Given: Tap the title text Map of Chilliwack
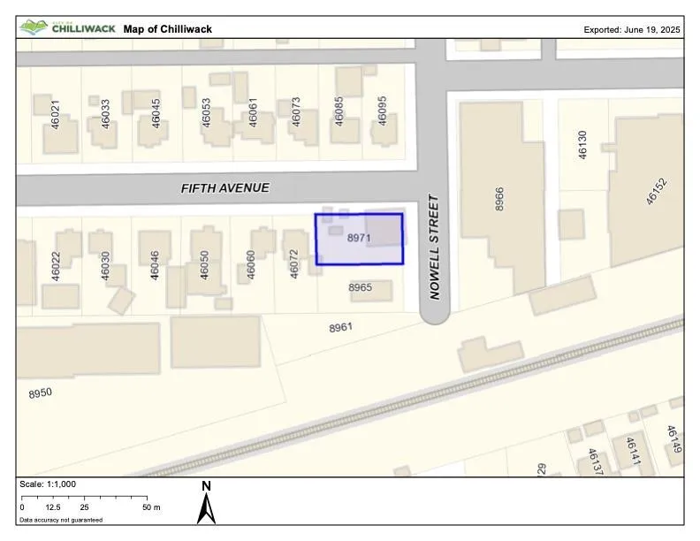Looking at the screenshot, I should pyautogui.click(x=168, y=29).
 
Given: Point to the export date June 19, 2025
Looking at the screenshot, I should pyautogui.click(x=632, y=29).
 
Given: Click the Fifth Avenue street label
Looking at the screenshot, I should pyautogui.click(x=224, y=188).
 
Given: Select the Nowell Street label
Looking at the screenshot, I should pyautogui.click(x=434, y=248).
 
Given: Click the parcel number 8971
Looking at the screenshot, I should pyautogui.click(x=358, y=239).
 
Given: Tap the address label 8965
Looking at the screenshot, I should pyautogui.click(x=361, y=288).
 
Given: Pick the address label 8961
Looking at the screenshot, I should pyautogui.click(x=341, y=328).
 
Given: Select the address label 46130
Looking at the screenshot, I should pyautogui.click(x=582, y=145).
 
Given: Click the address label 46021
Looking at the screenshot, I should pyautogui.click(x=55, y=116).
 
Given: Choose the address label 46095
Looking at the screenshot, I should pyautogui.click(x=383, y=111).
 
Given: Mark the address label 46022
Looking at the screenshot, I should pyautogui.click(x=55, y=266).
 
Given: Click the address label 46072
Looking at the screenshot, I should pyautogui.click(x=295, y=264).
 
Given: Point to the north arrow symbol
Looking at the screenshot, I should pyautogui.click(x=206, y=503).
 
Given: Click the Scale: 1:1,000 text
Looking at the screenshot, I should pyautogui.click(x=48, y=484).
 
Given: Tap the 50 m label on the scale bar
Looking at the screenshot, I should pyautogui.click(x=150, y=507).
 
